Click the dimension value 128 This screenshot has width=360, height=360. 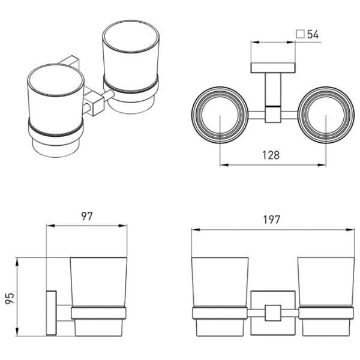pos(271,155)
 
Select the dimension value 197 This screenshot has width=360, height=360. pos(272,220)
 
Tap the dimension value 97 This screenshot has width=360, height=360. pos(87,216)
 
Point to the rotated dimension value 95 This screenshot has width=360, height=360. pos(10,298)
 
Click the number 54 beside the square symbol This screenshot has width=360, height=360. pos(313,34)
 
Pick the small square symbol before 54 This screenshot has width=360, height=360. pos(300,34)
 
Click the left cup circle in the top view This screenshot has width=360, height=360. pos(220,115)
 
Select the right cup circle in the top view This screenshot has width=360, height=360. pos(326,115)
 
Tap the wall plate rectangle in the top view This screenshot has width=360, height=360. pos(273,68)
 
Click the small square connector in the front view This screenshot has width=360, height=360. pos(273,313)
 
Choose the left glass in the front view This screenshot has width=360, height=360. pos(220,296)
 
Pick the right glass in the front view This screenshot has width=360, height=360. pos(326,296)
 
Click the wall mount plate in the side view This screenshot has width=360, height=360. pos(52,313)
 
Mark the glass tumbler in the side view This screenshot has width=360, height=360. pos(98,296)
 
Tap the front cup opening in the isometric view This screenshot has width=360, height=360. pos(56,80)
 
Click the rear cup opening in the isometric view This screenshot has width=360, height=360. pos(131,37)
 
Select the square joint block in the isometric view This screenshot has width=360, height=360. pos(94,103)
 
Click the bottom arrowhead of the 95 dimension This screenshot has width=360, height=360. pos(17,332)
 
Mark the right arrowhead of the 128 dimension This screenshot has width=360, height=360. pos(322,165)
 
